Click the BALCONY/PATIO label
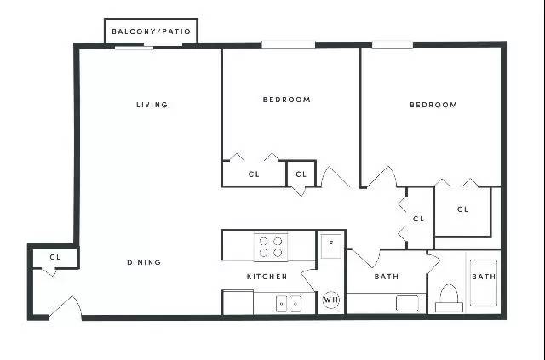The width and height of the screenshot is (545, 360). click(152, 31)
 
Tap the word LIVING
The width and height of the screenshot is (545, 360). click(152, 105)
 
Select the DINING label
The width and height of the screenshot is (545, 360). click(144, 262)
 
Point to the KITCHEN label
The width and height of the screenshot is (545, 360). click(267, 277)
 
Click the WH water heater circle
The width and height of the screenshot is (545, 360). click(330, 300)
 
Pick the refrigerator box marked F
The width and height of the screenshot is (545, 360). click(330, 246)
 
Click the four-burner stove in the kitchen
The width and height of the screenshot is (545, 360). click(271, 247)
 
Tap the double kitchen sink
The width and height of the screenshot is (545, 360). click(289, 304)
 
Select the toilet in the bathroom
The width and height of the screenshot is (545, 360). click(449, 298)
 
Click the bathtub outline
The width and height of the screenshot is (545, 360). click(484, 283)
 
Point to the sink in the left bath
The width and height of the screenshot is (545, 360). click(407, 303)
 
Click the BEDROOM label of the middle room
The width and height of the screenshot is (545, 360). click(287, 100)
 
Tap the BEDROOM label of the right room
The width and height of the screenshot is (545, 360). click(433, 105)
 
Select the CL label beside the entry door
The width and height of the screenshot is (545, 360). click(55, 258)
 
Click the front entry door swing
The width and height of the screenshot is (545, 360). click(66, 306)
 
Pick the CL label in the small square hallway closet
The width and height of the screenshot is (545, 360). click(301, 174)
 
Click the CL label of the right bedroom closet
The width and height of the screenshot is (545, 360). click(462, 209)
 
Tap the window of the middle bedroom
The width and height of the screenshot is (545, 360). click(288, 44)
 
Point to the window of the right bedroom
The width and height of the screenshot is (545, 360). click(393, 44)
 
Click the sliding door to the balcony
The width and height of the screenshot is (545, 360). click(149, 46)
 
